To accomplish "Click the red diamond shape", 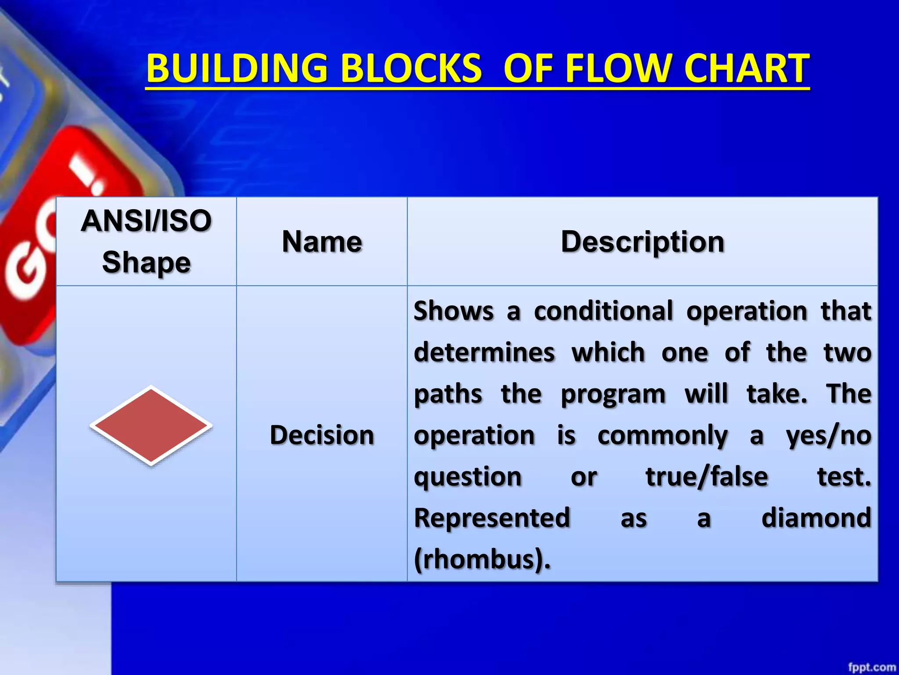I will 151,425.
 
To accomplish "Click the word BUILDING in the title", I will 237,69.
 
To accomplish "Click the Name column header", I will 322,242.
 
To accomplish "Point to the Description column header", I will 642,242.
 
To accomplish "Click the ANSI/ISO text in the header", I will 146,221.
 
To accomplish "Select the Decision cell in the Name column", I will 322,435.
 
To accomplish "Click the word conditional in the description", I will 603,311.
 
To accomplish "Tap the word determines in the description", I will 484,352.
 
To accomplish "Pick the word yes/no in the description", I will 828,436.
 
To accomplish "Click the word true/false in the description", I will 707,477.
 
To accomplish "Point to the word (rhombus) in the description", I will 481,560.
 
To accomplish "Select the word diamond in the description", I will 816,518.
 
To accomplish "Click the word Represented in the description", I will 492,518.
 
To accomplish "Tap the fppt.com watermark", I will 871,667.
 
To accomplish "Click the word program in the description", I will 613,395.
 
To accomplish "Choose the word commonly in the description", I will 662,436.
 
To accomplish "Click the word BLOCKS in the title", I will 411,69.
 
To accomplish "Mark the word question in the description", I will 467,477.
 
